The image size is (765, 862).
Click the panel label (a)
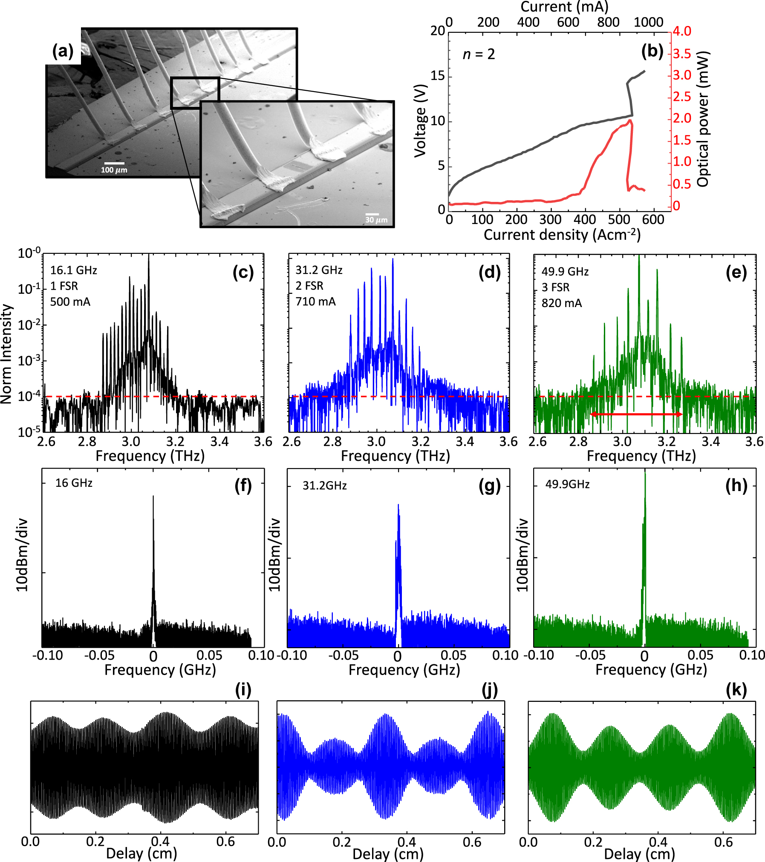coord(63,51)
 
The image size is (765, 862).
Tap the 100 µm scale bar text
coord(114,170)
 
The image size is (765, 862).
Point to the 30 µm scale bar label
coord(376,220)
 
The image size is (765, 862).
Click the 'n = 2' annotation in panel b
coord(479,55)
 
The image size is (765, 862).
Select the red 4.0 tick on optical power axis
coord(681,31)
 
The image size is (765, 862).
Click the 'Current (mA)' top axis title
coord(564,7)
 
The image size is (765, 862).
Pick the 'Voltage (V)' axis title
coord(420,121)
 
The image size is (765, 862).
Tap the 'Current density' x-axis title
coord(562,235)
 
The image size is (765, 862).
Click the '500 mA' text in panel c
coord(70,302)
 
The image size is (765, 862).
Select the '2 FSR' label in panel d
coord(309,286)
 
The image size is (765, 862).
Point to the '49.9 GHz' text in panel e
coord(565,272)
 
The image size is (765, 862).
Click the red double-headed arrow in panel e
coord(636,414)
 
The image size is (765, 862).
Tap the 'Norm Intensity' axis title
coord(6,353)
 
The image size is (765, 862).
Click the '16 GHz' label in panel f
coord(74,483)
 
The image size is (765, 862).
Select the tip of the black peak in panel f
coord(153,497)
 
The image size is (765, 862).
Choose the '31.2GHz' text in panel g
coord(324,486)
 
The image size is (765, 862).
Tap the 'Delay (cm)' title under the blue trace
coord(388,854)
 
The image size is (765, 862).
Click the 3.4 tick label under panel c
coord(219,442)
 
